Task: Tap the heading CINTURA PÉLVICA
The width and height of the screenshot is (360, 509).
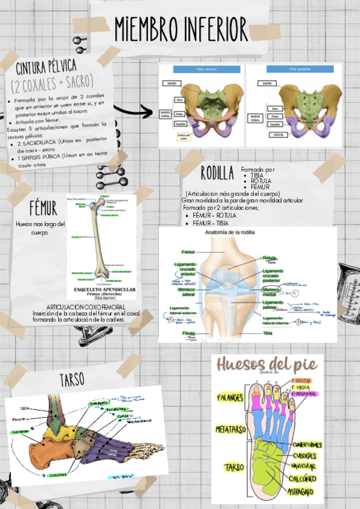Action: point(54,65)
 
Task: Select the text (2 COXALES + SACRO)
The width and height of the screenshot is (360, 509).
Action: point(53,80)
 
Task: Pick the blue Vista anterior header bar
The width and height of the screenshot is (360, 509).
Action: point(206,70)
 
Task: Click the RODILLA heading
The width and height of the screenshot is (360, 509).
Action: point(217,174)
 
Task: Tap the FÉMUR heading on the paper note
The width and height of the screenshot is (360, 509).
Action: point(44,208)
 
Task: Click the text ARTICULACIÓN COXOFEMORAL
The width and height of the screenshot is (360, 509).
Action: point(85,307)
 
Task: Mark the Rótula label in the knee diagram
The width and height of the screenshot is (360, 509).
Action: point(269,258)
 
